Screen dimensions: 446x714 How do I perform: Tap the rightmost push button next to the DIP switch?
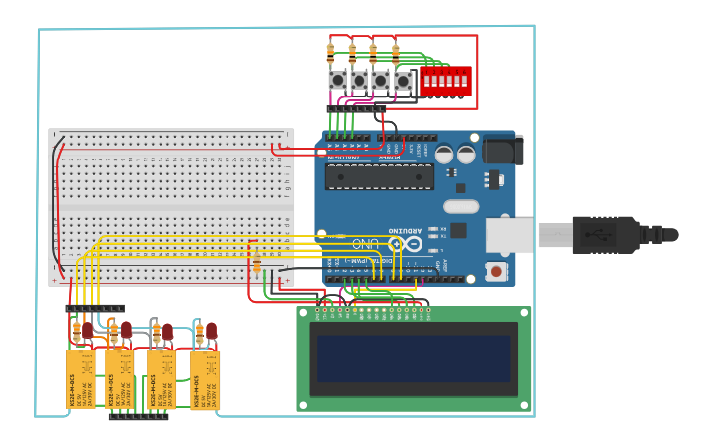coord(403,80)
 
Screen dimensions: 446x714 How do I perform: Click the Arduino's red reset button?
coord(497,271)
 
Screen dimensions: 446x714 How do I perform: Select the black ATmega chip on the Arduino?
coord(379,176)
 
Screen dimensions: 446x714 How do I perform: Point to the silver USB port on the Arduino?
coord(509,235)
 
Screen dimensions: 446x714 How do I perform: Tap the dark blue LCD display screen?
coord(414,358)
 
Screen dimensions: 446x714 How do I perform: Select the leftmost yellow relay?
coord(80,379)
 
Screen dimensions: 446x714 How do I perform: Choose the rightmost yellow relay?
coord(205,380)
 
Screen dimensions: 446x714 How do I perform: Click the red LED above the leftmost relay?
coord(87,330)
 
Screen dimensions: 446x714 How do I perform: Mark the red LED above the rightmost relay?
coord(211,330)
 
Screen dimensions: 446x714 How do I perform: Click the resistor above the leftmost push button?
coord(331,52)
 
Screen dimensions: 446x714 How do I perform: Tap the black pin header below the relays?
coord(138,416)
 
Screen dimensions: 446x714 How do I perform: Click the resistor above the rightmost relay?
coord(199,334)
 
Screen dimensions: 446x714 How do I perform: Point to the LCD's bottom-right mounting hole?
coord(526,404)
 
